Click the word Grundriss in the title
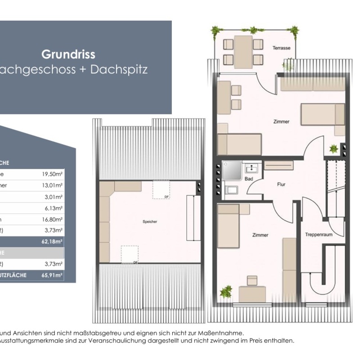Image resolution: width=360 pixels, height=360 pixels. pyautogui.click(x=68, y=54)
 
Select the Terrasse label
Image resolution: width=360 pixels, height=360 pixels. pyautogui.click(x=281, y=48)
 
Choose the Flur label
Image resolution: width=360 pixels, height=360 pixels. pyautogui.click(x=282, y=184)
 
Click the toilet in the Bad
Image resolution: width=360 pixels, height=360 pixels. pyautogui.click(x=232, y=190)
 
